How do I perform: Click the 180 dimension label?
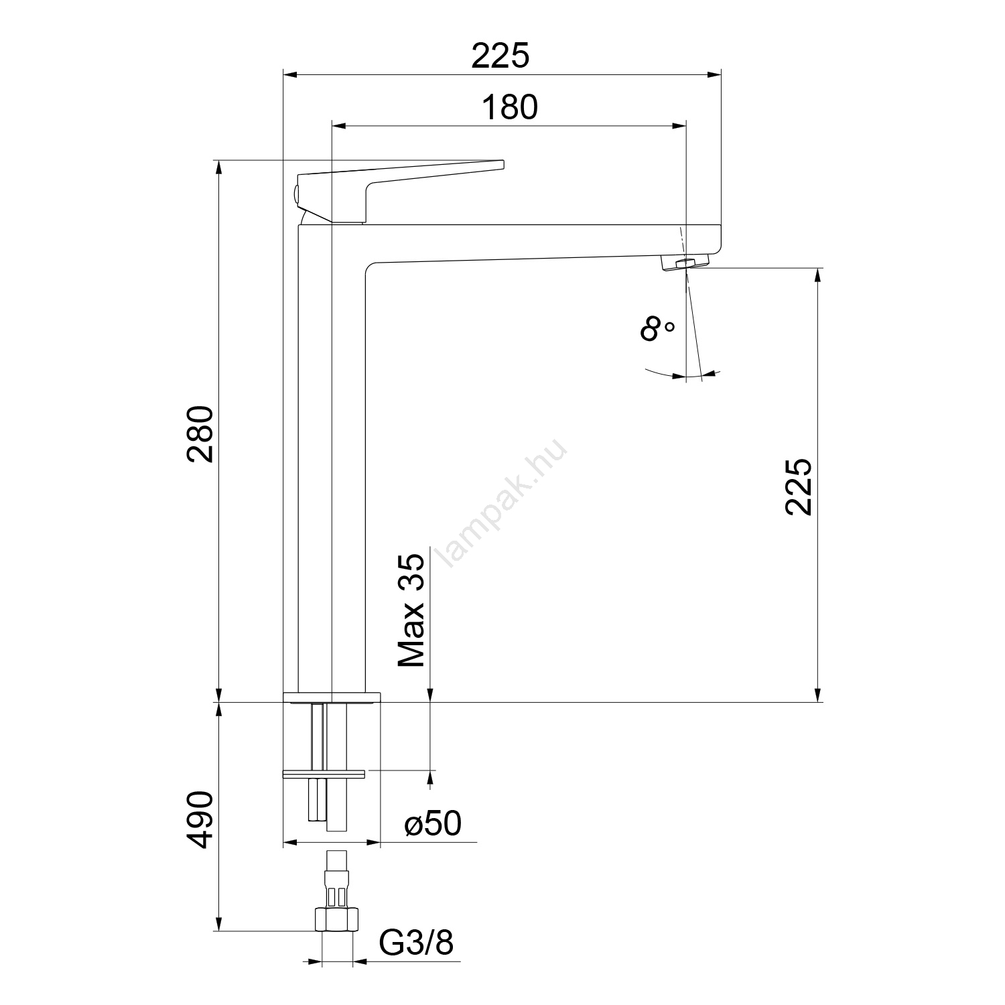(x=510, y=107)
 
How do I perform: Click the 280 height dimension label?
(x=200, y=433)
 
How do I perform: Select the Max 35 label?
(x=411, y=610)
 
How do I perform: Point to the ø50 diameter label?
(x=433, y=823)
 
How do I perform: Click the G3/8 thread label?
(x=417, y=943)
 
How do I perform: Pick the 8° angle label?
(x=657, y=330)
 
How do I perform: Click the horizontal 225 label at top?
(x=500, y=56)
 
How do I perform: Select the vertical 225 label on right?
(x=799, y=486)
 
